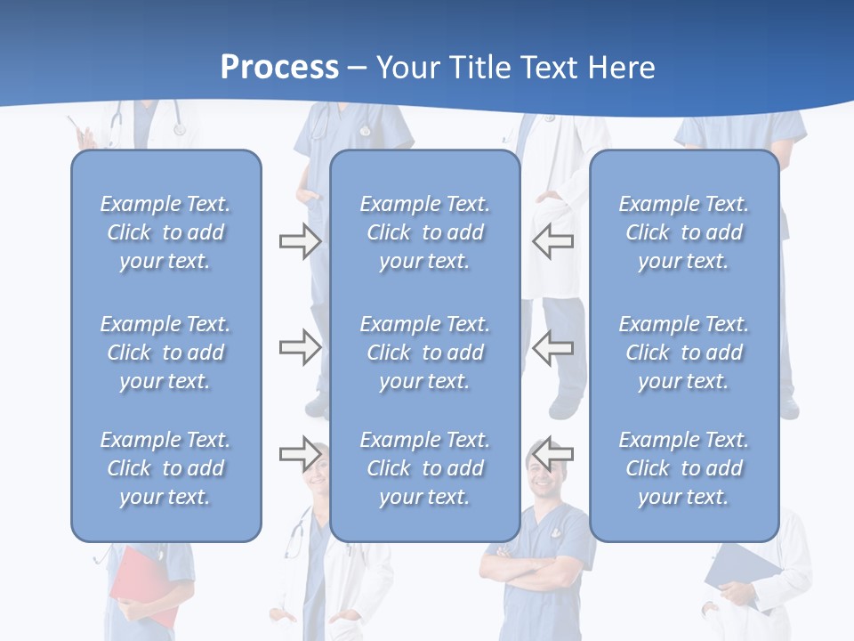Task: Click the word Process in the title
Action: click(279, 68)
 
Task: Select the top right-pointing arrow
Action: click(300, 241)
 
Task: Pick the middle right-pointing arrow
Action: click(300, 347)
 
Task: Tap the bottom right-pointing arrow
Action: click(300, 454)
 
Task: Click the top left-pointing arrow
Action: click(552, 241)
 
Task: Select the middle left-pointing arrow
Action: click(552, 347)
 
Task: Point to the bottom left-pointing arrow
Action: click(552, 454)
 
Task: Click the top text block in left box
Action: click(165, 232)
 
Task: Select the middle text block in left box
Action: click(165, 353)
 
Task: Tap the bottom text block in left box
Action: click(165, 468)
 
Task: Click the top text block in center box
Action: click(424, 232)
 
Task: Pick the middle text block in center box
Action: click(424, 353)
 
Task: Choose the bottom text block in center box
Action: click(424, 468)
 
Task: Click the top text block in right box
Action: click(683, 232)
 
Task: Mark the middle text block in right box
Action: click(683, 353)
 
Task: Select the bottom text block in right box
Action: click(683, 468)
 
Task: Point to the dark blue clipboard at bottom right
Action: click(743, 570)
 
